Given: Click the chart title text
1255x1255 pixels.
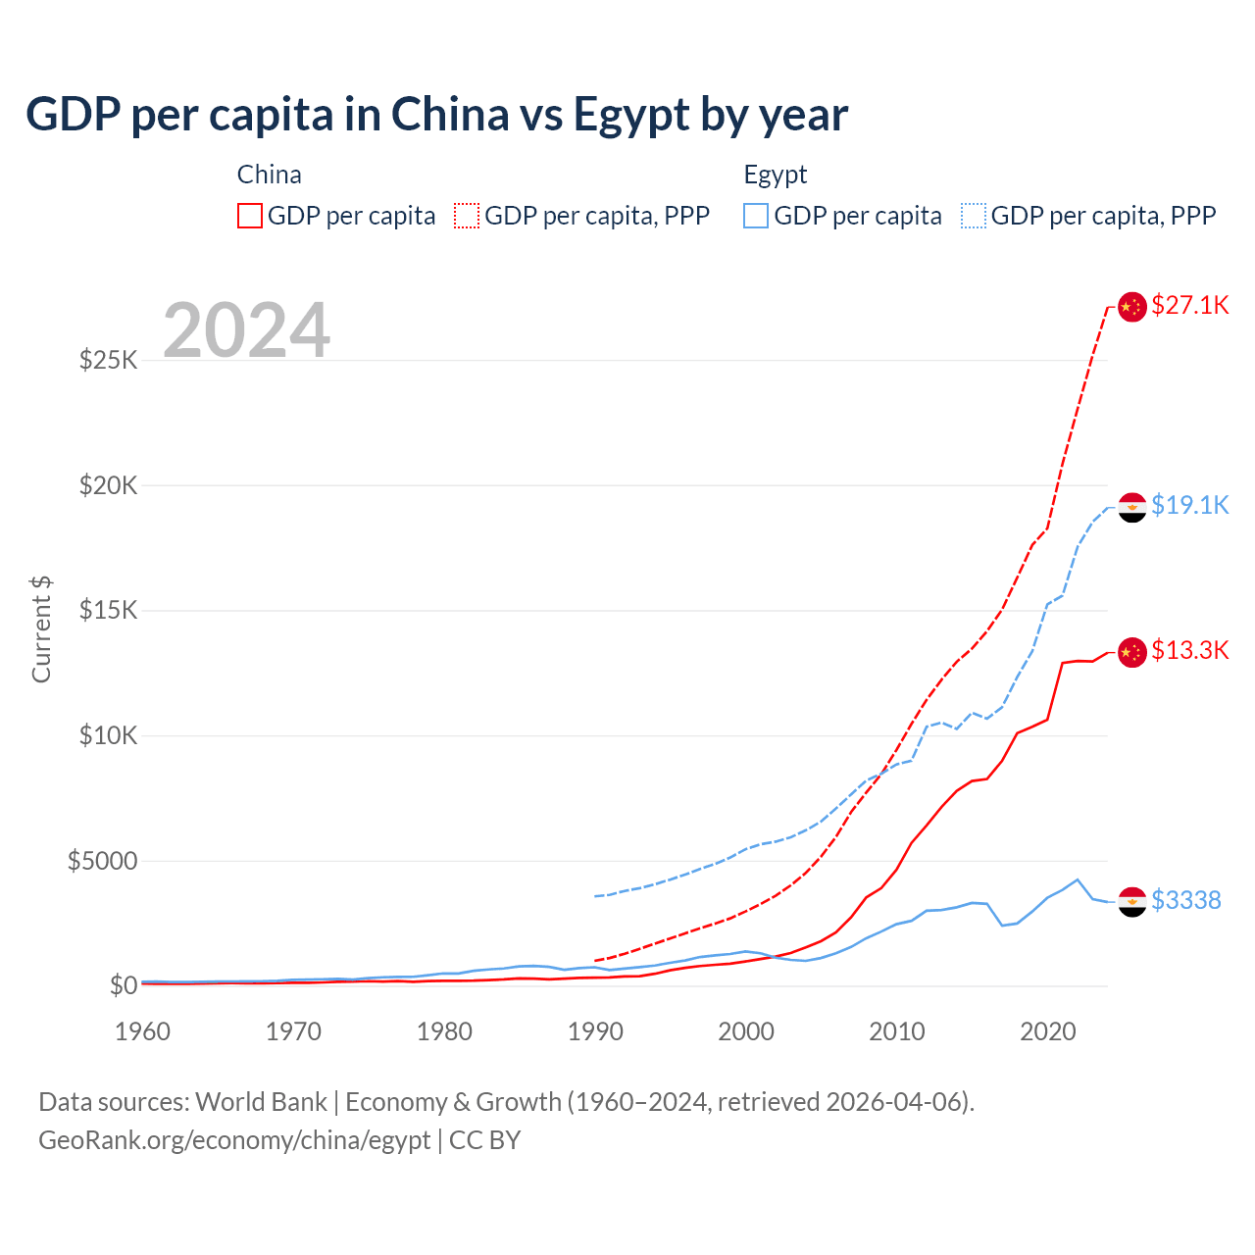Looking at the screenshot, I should [x=436, y=115].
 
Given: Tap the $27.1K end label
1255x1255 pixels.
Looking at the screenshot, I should [x=1189, y=305].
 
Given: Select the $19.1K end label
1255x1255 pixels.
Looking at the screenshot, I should [x=1189, y=505].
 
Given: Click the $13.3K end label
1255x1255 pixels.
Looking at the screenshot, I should [x=1189, y=650].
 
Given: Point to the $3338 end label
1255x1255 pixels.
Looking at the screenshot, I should [x=1185, y=900].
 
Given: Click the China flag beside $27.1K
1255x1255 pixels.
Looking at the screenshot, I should [x=1132, y=307].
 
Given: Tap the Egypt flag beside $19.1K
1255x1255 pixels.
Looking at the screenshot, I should [x=1132, y=508].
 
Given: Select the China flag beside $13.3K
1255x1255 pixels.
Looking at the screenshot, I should [x=1132, y=652].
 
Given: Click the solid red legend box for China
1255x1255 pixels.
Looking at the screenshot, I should [x=250, y=216].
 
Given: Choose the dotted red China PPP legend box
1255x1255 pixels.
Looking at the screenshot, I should [x=467, y=216].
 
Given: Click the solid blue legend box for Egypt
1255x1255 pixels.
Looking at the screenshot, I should [x=756, y=216].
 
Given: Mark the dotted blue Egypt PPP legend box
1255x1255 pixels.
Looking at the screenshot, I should [x=974, y=216].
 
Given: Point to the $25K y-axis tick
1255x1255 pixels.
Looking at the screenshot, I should [x=108, y=360].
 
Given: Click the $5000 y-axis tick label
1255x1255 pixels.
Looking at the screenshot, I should [x=102, y=861].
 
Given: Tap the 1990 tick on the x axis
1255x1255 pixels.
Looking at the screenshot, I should [x=595, y=1031].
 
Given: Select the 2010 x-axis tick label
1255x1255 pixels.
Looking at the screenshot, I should [x=897, y=1031].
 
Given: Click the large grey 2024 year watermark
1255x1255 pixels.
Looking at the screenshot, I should [x=246, y=330].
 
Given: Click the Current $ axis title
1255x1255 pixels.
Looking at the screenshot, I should [x=41, y=629].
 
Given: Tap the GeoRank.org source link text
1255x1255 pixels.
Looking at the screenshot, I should [x=234, y=1140].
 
